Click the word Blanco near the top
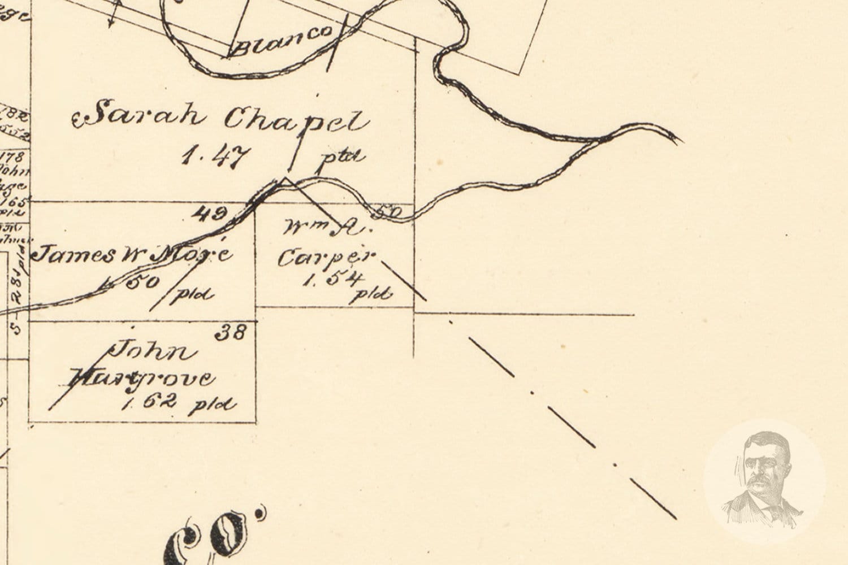(282, 41)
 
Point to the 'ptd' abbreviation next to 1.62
(213, 404)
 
